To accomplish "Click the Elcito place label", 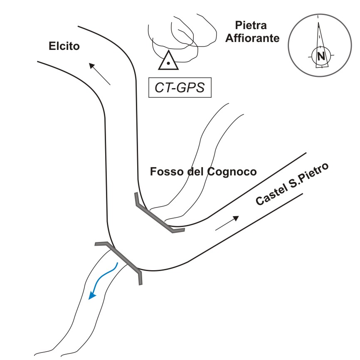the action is [x=64, y=46].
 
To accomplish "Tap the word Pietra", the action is [x=251, y=25].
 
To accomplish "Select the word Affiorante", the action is [x=252, y=38].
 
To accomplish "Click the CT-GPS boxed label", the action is [x=180, y=87].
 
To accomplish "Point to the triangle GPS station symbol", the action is [x=168, y=60].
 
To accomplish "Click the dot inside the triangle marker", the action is [x=168, y=63].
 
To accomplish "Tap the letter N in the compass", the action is [x=321, y=56].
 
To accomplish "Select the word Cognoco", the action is [x=232, y=172].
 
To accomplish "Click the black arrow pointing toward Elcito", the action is [x=100, y=74].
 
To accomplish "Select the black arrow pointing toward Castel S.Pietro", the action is [x=227, y=223].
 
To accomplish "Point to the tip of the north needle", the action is [x=318, y=22].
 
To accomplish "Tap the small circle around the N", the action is [x=321, y=56].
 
